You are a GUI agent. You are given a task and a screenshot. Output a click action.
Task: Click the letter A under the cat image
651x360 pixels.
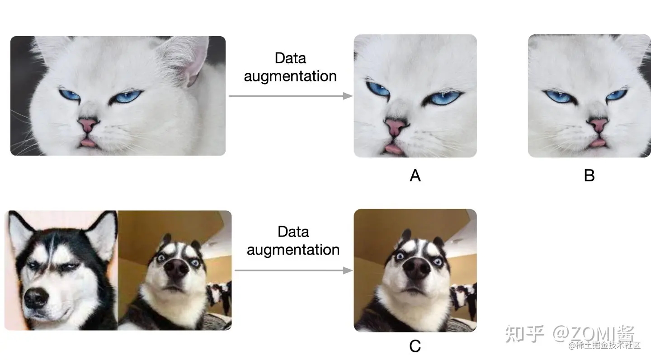(415, 175)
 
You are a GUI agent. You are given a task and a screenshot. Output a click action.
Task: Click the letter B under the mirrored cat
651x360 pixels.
(589, 175)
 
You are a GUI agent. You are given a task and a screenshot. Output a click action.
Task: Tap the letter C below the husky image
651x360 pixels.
(415, 346)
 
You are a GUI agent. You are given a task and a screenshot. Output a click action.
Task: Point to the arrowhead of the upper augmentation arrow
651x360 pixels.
(348, 96)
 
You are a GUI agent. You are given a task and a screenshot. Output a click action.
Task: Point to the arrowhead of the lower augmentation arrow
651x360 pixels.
(348, 270)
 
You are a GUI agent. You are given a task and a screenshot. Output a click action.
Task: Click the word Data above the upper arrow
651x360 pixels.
(290, 58)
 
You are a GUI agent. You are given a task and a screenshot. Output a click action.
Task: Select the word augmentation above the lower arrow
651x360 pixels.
(293, 250)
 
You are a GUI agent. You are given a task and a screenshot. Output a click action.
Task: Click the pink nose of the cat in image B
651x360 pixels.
(598, 124)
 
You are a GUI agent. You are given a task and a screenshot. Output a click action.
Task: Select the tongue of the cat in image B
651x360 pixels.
(598, 143)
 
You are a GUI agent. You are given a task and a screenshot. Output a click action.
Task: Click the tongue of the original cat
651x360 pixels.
(88, 144)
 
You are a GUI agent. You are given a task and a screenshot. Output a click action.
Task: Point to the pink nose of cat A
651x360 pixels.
(394, 126)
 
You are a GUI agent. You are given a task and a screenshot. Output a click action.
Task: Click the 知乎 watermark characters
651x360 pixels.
(524, 334)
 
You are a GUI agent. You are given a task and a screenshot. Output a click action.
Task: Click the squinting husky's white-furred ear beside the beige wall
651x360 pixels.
(102, 231)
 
